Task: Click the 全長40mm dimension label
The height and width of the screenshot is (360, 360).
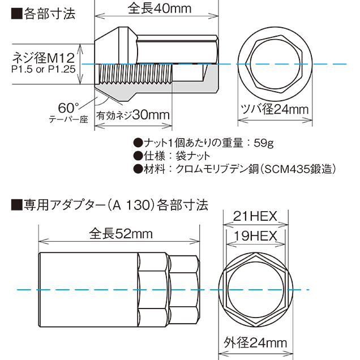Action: point(157,10)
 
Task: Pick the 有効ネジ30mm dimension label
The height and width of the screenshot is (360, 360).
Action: point(134,115)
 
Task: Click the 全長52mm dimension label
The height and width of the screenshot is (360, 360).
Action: point(121,233)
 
